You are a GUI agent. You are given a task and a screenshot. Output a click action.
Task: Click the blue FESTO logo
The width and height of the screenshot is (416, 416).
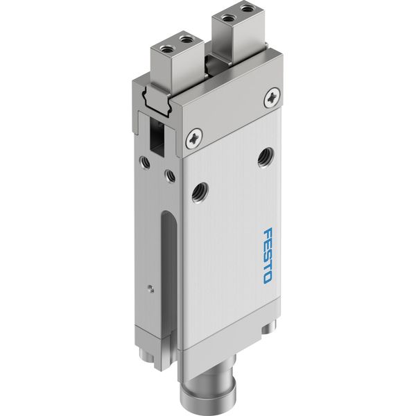[x=268, y=255]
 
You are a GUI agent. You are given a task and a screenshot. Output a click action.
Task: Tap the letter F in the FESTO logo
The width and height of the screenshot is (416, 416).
[x=268, y=233]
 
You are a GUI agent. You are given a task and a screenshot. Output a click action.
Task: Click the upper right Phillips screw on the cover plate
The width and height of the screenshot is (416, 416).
[x=272, y=97]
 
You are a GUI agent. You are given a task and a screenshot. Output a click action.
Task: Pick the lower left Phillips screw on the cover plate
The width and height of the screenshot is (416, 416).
[x=194, y=139]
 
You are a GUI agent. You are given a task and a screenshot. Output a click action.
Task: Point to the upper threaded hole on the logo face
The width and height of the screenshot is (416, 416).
[x=266, y=158]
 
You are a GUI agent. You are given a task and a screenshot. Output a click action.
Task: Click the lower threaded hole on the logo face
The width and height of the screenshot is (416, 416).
[x=200, y=190]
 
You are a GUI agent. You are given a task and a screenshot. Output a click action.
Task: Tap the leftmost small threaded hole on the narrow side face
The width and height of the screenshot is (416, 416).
[x=145, y=162]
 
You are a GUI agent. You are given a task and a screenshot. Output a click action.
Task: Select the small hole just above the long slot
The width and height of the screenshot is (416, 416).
[x=170, y=175]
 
